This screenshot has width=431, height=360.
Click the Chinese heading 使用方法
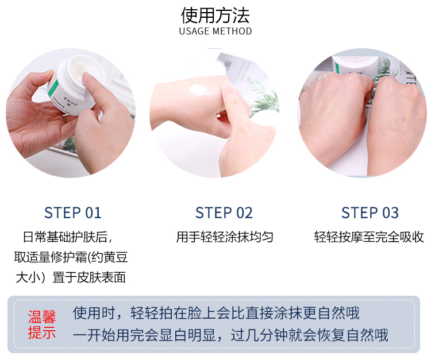click(215, 16)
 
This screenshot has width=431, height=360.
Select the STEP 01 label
click(73, 213)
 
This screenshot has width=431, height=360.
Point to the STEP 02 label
click(224, 213)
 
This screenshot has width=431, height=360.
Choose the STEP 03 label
click(370, 213)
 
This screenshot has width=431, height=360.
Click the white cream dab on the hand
click(202, 90)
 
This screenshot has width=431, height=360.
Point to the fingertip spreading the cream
click(227, 84)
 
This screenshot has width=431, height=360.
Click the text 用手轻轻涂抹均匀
click(225, 237)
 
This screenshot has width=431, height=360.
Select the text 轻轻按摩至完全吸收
click(369, 237)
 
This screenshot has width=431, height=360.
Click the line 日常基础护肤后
click(68, 237)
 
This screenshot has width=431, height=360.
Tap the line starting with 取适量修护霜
click(71, 257)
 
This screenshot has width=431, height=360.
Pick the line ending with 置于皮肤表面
click(71, 277)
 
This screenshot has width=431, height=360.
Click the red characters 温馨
click(42, 317)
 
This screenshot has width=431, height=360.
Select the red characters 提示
click(42, 332)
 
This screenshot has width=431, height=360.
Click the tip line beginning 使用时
click(216, 313)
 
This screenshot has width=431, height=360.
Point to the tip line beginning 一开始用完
click(230, 335)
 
